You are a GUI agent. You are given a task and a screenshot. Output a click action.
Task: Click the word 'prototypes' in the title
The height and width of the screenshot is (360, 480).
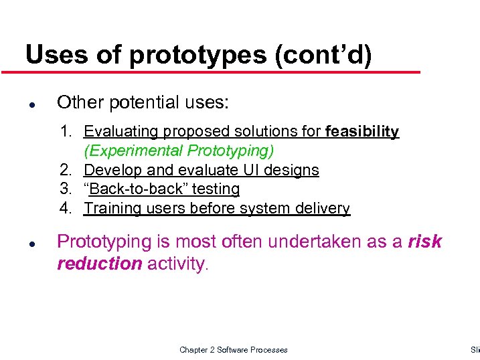click(197, 56)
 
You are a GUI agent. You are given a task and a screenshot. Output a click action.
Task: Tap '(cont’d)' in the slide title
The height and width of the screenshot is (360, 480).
click(323, 56)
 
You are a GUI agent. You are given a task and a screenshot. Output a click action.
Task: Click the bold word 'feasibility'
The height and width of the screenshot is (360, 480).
click(362, 132)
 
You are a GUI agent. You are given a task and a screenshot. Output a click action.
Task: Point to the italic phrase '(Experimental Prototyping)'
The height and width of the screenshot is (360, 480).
click(179, 151)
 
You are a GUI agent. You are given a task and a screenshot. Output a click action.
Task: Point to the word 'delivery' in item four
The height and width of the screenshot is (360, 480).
click(324, 209)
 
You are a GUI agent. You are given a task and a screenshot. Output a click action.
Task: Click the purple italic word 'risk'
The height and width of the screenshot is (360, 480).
click(424, 242)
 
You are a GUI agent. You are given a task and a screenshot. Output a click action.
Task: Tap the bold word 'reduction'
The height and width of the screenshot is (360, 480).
click(100, 264)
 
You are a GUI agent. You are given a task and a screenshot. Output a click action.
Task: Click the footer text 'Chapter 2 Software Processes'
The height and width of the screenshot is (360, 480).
click(233, 350)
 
